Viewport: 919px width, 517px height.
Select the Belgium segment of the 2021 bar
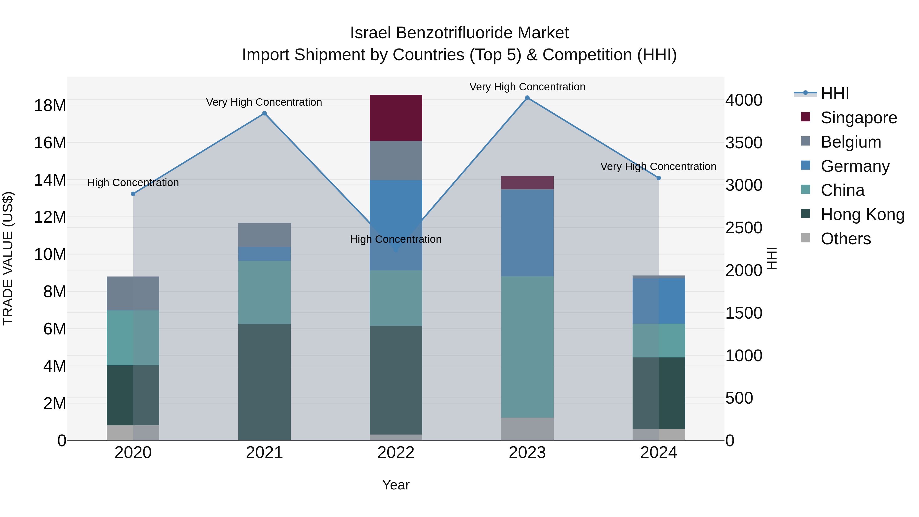pos(264,235)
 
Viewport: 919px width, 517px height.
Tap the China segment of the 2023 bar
pos(527,346)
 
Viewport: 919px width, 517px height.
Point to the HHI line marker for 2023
pos(527,98)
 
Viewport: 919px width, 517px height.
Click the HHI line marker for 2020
pos(133,194)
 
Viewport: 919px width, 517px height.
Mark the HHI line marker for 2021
pos(264,113)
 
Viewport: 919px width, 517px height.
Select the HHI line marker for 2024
pos(659,178)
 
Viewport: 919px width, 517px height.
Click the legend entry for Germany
pos(855,166)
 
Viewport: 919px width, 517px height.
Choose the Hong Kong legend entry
pos(862,215)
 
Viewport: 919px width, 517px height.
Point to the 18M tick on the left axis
pos(50,106)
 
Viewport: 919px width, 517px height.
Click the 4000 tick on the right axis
pos(744,100)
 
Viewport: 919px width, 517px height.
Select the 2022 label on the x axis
pos(396,453)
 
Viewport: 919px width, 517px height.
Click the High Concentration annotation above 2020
pos(133,183)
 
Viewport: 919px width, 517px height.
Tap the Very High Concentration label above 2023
pos(527,87)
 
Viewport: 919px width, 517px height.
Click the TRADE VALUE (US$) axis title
pos(8,258)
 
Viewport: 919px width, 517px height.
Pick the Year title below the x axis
pos(396,485)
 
